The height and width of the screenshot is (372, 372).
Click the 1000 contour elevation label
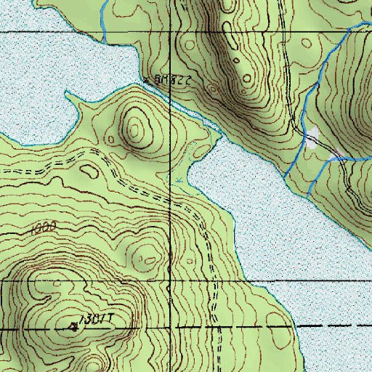(x=44, y=228)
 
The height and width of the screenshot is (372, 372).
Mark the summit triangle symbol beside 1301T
(x=73, y=327)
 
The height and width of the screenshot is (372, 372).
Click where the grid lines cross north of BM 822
(x=171, y=33)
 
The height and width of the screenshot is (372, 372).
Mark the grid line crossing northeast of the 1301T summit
(x=171, y=280)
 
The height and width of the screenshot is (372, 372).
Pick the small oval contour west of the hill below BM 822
(x=90, y=171)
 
